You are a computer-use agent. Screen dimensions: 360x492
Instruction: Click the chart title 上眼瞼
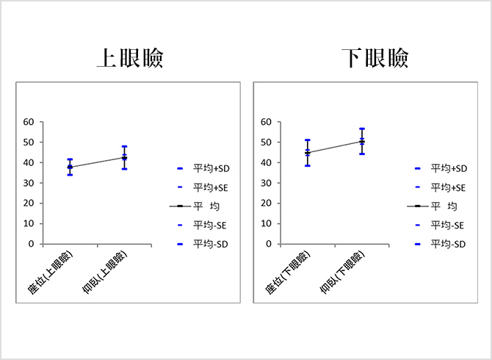[x=130, y=59]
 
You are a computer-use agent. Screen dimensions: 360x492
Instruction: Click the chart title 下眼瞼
[x=375, y=59]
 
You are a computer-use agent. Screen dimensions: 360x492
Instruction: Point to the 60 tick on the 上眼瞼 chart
[x=29, y=122]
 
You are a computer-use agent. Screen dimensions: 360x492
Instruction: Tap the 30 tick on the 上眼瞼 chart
[x=29, y=183]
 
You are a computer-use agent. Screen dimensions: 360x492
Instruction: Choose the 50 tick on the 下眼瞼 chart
[x=267, y=143]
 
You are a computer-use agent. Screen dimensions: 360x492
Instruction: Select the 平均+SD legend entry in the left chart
[x=206, y=168]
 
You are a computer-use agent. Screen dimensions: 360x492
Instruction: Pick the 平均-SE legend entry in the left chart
[x=206, y=224]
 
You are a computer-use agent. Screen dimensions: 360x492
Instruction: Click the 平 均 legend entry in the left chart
[x=206, y=206]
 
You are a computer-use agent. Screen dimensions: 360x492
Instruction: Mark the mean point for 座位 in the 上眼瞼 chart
[x=70, y=168]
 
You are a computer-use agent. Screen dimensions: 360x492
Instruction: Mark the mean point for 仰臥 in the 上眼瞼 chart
[x=125, y=157]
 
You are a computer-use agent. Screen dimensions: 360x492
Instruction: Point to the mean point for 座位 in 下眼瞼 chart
[x=308, y=153]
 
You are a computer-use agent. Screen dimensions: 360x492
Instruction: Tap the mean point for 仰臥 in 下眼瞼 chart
[x=362, y=141]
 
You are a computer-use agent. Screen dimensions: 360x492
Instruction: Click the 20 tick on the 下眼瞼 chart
[x=267, y=204]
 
